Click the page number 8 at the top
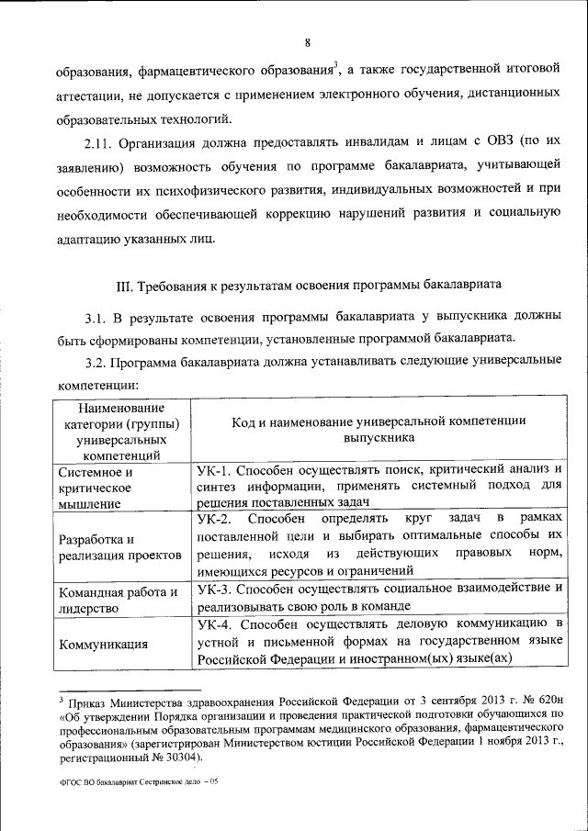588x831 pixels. [x=308, y=42]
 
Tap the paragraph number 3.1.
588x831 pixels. [x=96, y=319]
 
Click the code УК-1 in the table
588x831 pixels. [x=216, y=468]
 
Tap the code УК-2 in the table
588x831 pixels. [x=217, y=520]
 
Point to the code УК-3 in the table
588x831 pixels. [x=216, y=587]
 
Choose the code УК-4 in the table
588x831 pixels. [x=216, y=624]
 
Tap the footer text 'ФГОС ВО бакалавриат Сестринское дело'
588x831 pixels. [x=128, y=782]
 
